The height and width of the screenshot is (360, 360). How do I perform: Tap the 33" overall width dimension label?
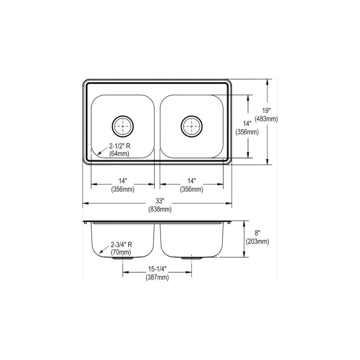point(160,201)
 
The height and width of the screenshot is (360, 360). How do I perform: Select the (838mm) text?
point(160,210)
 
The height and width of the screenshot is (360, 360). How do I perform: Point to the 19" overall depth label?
point(266,111)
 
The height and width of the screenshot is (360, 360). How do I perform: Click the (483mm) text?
point(266,119)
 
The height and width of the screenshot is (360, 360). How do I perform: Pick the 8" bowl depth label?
point(257,233)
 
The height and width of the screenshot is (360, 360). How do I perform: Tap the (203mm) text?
point(257,242)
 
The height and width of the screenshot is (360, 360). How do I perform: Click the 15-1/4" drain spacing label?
point(157,269)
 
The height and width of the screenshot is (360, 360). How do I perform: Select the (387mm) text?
point(157,277)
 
